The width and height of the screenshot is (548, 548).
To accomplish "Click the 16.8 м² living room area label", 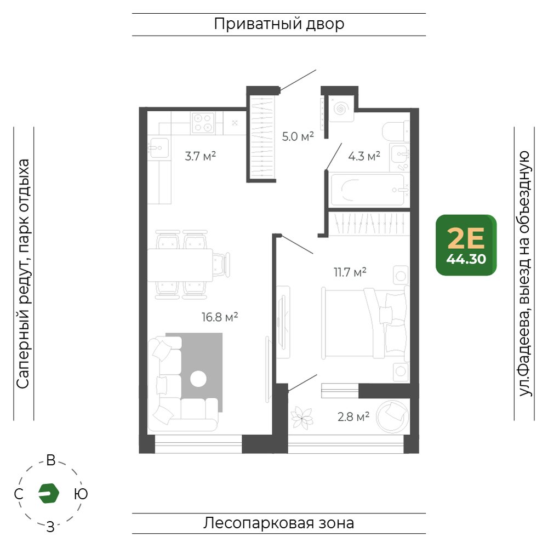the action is point(220,317).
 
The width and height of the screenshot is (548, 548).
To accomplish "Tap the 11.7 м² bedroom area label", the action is point(350,272).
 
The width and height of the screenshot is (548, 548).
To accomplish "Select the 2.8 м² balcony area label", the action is point(353,416).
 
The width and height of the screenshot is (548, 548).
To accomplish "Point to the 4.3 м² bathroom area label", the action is point(364,156).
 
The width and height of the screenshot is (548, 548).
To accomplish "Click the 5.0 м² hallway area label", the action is point(298,136).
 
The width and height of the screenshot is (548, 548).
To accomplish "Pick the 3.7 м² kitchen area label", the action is point(200,156).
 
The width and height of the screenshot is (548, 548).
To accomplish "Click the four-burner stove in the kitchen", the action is point(203,123).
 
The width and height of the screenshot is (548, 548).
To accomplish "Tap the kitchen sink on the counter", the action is point(158,148).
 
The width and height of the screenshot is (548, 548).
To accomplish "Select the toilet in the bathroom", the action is point(396,132).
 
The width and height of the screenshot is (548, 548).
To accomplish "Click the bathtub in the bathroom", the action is point(368,190).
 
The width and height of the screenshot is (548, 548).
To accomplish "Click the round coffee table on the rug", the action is point(198,379).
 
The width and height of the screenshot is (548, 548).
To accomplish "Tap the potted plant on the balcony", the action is point(302,417).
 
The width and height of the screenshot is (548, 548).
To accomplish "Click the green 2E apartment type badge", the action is point(466,245).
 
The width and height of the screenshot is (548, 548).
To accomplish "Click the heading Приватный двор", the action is point(279,24).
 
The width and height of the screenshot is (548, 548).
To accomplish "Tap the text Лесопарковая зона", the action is point(278,523).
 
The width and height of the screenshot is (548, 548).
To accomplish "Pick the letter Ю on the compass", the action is point(81,494).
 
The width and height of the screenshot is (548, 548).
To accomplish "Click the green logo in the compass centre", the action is point(49,493).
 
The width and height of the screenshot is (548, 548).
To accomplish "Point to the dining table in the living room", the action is point(180,265).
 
